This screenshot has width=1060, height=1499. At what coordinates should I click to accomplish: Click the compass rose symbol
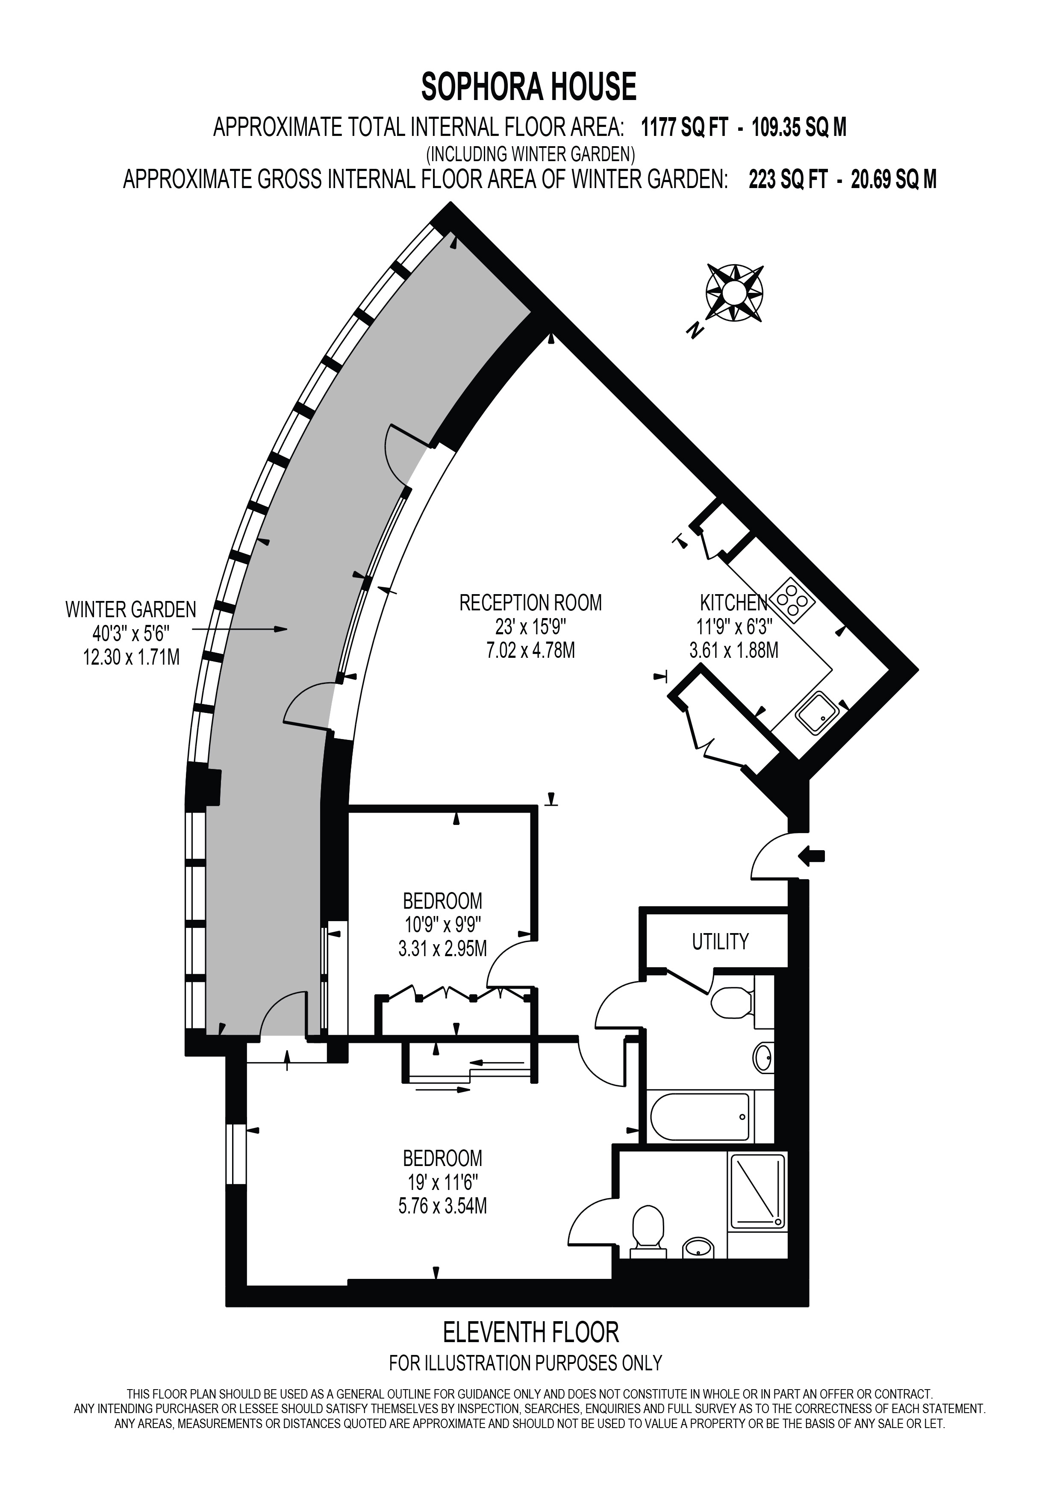click(735, 293)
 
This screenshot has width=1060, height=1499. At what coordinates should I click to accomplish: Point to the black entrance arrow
click(812, 855)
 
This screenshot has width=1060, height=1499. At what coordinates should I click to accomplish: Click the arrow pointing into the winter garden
click(239, 629)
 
